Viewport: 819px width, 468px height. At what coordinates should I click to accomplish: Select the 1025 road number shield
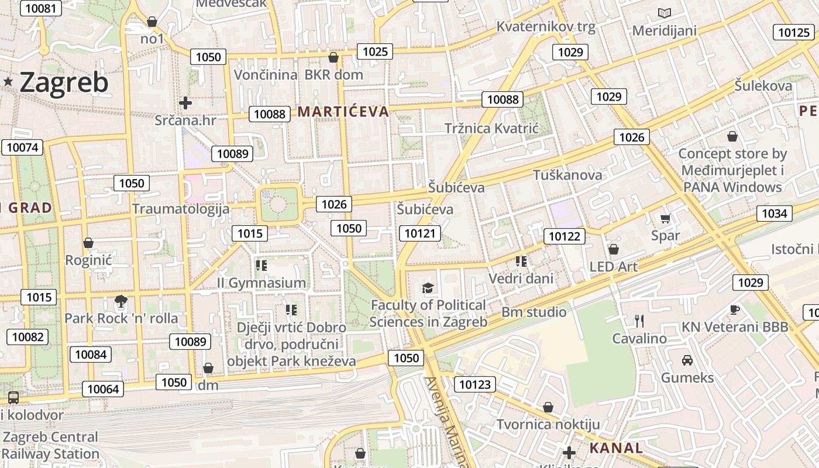(x=375, y=51)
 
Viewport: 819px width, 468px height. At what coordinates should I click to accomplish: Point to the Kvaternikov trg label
(x=546, y=26)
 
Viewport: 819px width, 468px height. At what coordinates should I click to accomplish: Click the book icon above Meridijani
(x=664, y=13)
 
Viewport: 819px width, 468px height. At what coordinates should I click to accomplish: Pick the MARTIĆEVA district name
(x=343, y=112)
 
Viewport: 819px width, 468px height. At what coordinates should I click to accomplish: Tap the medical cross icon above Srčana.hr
(x=185, y=104)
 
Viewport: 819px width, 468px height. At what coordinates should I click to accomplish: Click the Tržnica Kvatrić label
(x=491, y=128)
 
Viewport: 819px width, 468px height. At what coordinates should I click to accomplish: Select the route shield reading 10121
(x=421, y=233)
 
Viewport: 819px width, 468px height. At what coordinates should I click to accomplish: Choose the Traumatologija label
(x=181, y=209)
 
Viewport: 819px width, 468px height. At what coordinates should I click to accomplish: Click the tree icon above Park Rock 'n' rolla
(x=121, y=302)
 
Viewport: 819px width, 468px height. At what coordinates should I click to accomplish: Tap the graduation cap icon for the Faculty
(x=428, y=288)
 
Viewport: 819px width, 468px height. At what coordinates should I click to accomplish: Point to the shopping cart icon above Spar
(x=665, y=219)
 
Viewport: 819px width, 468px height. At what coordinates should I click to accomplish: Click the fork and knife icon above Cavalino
(x=639, y=321)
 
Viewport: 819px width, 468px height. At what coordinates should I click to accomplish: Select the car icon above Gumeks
(x=687, y=360)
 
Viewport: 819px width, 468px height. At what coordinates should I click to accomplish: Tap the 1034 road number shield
(x=774, y=214)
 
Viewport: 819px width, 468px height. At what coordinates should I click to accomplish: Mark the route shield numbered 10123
(x=475, y=384)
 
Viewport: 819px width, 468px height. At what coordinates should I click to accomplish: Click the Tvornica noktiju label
(x=548, y=424)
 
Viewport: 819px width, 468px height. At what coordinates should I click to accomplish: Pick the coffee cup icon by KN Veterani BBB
(x=735, y=309)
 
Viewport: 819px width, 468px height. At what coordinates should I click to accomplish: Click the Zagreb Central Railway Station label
(x=51, y=445)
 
